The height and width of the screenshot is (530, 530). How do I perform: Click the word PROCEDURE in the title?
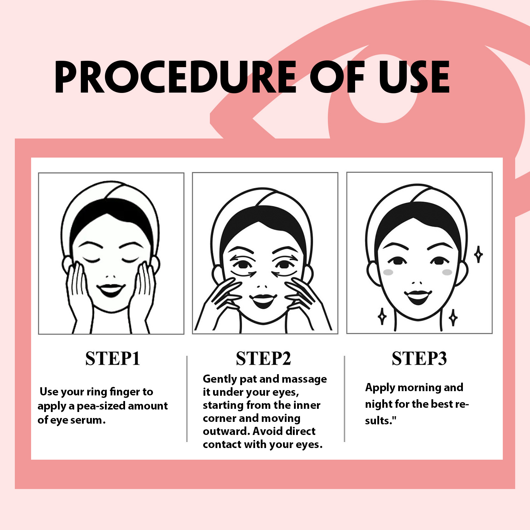pyautogui.click(x=175, y=77)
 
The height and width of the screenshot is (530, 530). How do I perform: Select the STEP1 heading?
pyautogui.click(x=113, y=359)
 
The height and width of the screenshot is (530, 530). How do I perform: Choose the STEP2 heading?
pyautogui.click(x=263, y=359)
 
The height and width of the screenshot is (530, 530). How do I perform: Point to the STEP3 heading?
pyautogui.click(x=419, y=359)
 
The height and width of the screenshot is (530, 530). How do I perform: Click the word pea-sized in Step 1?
pyautogui.click(x=101, y=406)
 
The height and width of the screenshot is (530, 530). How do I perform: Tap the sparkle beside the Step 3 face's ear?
pyautogui.click(x=478, y=254)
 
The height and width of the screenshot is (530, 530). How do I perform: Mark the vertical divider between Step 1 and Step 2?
pyautogui.click(x=187, y=399)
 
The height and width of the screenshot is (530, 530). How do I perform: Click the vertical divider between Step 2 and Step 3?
pyautogui.click(x=344, y=399)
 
